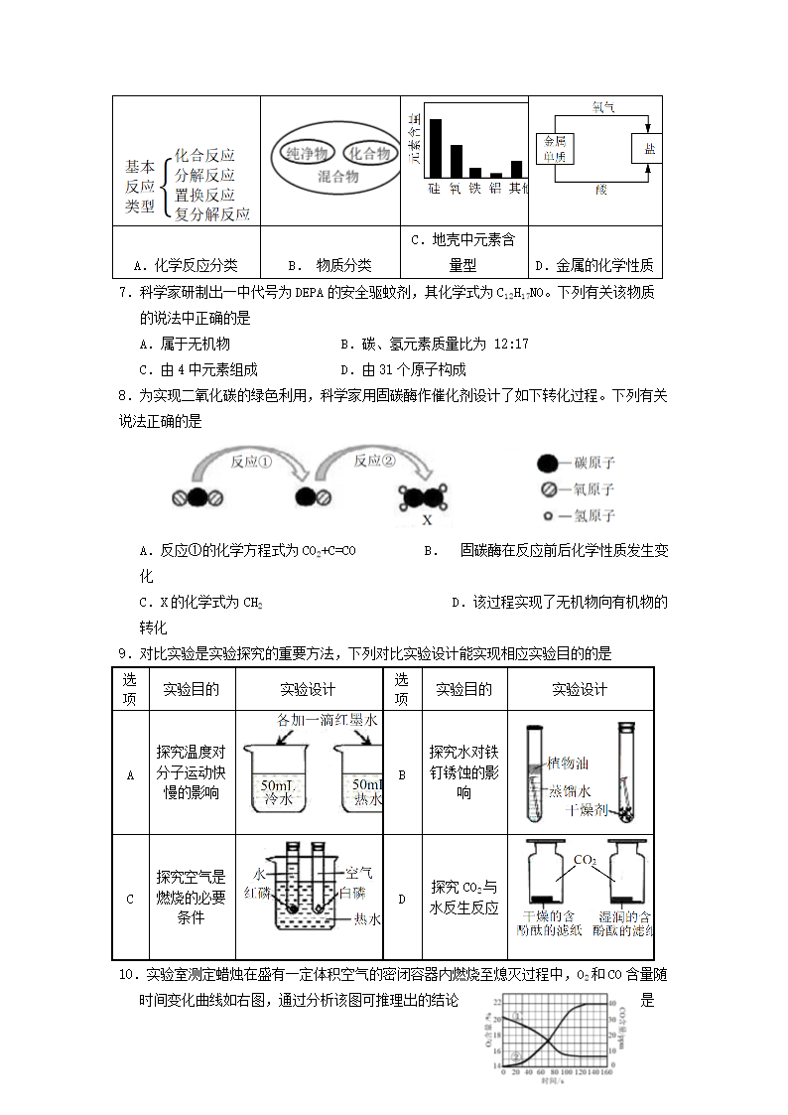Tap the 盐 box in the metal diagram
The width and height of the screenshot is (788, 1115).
coord(649,148)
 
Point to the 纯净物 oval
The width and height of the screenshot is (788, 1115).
coord(306,154)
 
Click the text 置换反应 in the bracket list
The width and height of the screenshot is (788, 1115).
coord(204,195)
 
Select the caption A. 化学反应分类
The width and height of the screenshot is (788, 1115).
coord(186,265)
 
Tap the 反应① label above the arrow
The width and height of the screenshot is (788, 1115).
coord(251,461)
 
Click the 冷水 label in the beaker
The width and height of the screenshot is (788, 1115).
coord(275,797)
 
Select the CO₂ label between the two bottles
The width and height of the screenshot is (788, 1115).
coord(585,860)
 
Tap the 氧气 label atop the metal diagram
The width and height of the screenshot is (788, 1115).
coord(602,107)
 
